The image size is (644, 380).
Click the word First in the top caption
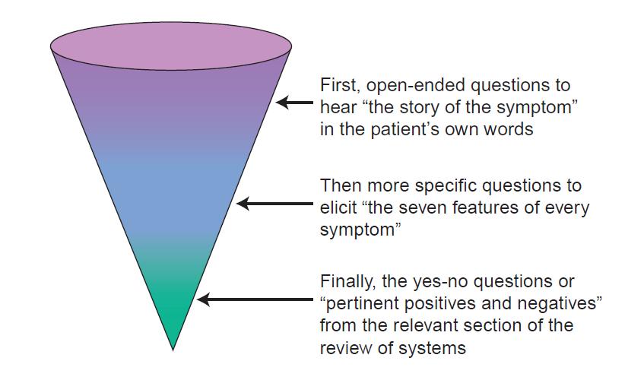pos(339,85)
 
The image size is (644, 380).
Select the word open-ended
pos(415,86)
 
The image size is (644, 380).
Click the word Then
pos(341,185)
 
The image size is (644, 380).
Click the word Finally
pos(347,282)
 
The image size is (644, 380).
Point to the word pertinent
pos(361,304)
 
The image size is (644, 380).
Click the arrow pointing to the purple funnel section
pos(294,102)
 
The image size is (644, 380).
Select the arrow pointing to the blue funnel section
pos(274,204)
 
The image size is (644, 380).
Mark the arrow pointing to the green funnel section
pos(255,299)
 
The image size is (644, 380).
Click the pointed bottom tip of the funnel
pos(173,350)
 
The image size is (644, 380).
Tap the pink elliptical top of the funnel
pos(171,46)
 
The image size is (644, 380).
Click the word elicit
pos(338,207)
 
